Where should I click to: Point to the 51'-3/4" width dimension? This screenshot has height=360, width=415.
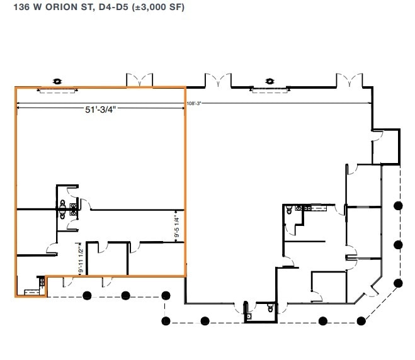point(101,109)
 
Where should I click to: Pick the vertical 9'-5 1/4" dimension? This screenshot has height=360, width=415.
point(177,226)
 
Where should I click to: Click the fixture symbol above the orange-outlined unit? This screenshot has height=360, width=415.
point(57,81)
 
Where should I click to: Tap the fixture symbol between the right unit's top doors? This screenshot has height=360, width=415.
point(270,81)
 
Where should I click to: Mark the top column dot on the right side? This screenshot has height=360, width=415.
point(397,205)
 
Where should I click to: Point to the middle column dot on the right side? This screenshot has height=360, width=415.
point(397,244)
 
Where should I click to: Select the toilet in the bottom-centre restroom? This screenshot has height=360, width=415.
point(270,308)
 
